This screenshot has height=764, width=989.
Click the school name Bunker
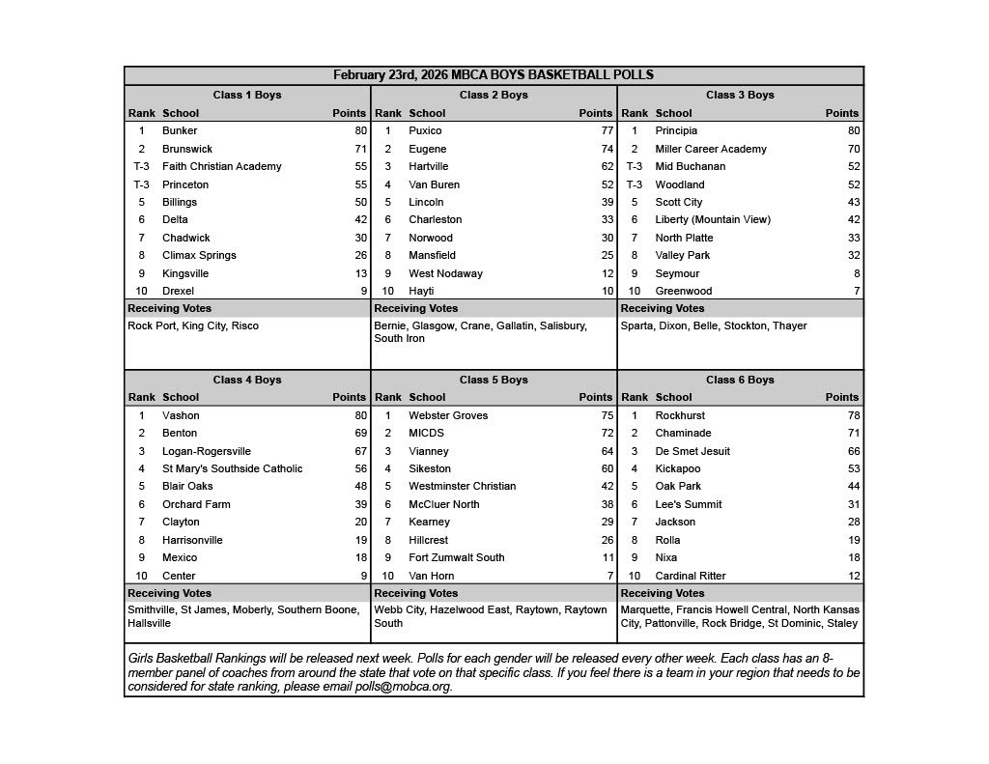(180, 130)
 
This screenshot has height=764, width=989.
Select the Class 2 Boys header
(494, 95)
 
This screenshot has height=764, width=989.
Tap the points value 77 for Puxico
(607, 130)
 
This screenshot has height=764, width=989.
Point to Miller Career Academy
(711, 149)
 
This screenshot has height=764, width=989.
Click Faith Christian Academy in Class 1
(222, 166)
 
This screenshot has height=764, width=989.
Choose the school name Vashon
(181, 415)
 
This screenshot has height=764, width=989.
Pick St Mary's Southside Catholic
(233, 468)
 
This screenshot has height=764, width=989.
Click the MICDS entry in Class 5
(427, 433)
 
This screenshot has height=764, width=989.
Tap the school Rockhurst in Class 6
(681, 415)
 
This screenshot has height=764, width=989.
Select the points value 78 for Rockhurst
(852, 415)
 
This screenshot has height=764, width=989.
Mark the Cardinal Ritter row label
(691, 576)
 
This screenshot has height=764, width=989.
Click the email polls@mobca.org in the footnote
(408, 687)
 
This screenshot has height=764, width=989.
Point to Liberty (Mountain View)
(713, 219)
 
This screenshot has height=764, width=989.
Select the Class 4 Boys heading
(247, 380)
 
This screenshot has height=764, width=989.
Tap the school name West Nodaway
(445, 273)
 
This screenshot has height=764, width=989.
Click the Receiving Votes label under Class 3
(663, 308)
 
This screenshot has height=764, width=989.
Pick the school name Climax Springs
(199, 255)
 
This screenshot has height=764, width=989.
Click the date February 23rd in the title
(379, 75)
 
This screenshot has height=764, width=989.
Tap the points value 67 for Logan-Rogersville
(360, 451)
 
